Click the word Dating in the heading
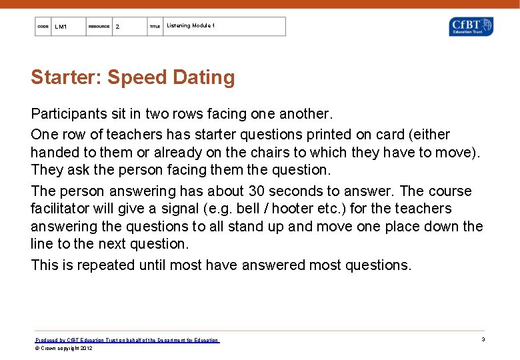[x=203, y=78]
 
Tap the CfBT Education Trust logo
[x=471, y=27]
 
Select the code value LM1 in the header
[x=61, y=27]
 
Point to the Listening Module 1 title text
[x=190, y=25]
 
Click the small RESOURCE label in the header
[x=99, y=27]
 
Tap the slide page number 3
[x=483, y=339]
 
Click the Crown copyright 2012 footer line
[x=64, y=348]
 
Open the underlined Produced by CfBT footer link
[x=127, y=340]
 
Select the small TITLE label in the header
[x=155, y=27]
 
